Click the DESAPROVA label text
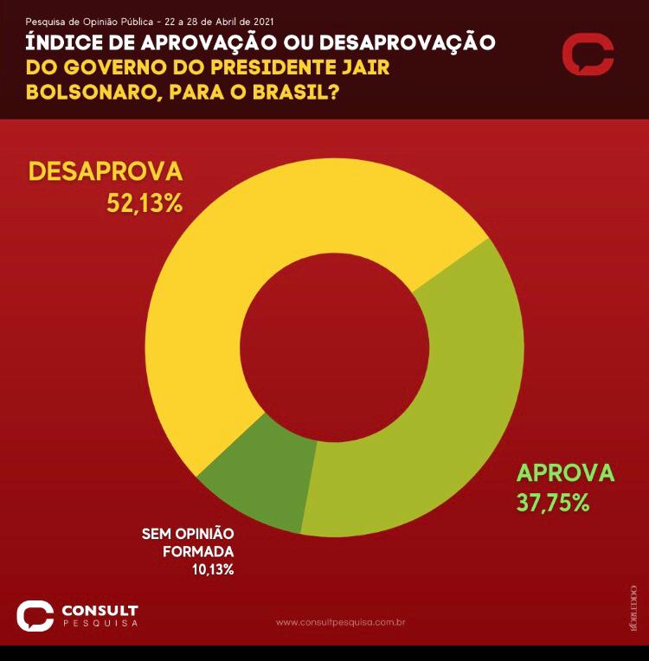[106, 171]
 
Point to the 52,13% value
[145, 203]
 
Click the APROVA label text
[565, 473]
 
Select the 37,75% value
[553, 503]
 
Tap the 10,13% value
[213, 569]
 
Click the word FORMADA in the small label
[199, 551]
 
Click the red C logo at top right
[588, 55]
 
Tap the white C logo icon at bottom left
[35, 615]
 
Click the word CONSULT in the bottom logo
[100, 611]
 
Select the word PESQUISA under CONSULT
[100, 624]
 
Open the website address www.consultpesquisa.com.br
[341, 622]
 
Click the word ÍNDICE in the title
[68, 42]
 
